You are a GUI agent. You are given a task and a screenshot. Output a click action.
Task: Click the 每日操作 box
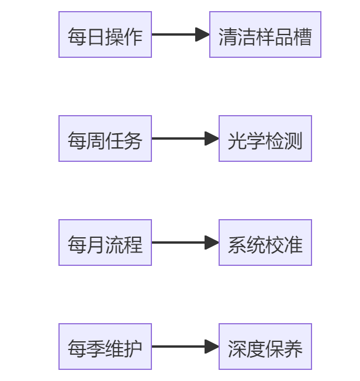pyautogui.click(x=105, y=34)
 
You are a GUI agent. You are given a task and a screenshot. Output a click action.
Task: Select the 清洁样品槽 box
pyautogui.click(x=265, y=34)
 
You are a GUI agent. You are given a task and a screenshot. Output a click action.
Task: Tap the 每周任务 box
pyautogui.click(x=105, y=138)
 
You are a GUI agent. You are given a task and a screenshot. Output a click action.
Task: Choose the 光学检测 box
pyautogui.click(x=265, y=138)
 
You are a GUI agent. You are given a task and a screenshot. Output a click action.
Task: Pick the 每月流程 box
pyautogui.click(x=105, y=243)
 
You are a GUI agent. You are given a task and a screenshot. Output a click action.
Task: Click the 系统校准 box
pyautogui.click(x=265, y=243)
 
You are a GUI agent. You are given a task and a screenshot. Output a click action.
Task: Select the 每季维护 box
pyautogui.click(x=105, y=347)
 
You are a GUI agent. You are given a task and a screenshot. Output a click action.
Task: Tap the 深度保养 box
pyautogui.click(x=265, y=347)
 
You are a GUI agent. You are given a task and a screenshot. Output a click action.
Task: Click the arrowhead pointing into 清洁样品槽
pyautogui.click(x=203, y=34)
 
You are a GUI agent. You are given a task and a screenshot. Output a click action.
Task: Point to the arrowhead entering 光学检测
pyautogui.click(x=212, y=138)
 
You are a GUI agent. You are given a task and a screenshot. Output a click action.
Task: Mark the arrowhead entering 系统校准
pyautogui.click(x=212, y=243)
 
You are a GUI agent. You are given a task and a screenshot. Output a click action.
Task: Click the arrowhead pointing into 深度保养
pyautogui.click(x=212, y=347)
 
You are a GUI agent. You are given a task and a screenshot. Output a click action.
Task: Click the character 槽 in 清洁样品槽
pyautogui.click(x=303, y=37)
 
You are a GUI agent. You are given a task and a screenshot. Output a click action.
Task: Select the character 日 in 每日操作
pyautogui.click(x=96, y=37)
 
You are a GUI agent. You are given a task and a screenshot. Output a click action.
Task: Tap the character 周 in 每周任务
pyautogui.click(x=96, y=141)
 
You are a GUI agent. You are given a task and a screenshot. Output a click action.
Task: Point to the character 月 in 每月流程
pyautogui.click(x=96, y=245)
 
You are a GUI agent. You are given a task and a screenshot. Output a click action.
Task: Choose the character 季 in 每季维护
pyautogui.click(x=96, y=349)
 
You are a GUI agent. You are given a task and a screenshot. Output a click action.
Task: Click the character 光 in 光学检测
pyautogui.click(x=237, y=141)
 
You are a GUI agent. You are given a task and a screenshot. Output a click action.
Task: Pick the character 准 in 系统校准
pyautogui.click(x=293, y=245)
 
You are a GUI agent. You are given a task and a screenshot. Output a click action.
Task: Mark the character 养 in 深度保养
pyautogui.click(x=293, y=349)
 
